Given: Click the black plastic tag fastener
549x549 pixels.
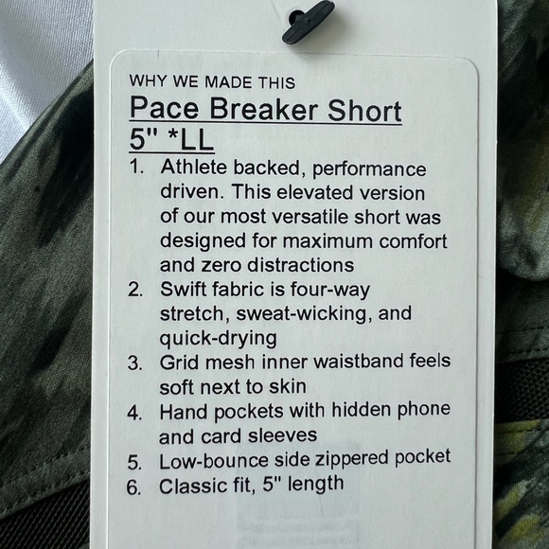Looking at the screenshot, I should tap(308, 21).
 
